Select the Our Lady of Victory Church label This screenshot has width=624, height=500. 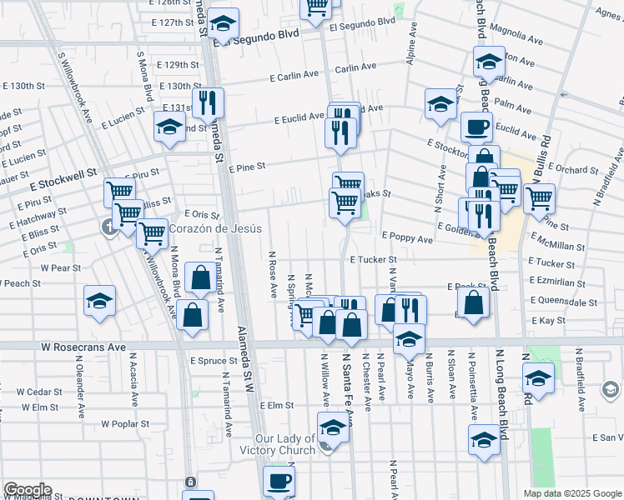(284, 444)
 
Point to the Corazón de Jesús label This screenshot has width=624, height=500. (216, 228)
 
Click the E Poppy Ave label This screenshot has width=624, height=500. (407, 238)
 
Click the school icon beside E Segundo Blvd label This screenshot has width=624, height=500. (223, 22)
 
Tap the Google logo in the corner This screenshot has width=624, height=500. (28, 490)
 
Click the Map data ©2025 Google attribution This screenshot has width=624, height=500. (571, 493)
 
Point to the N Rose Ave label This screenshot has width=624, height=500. (273, 274)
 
